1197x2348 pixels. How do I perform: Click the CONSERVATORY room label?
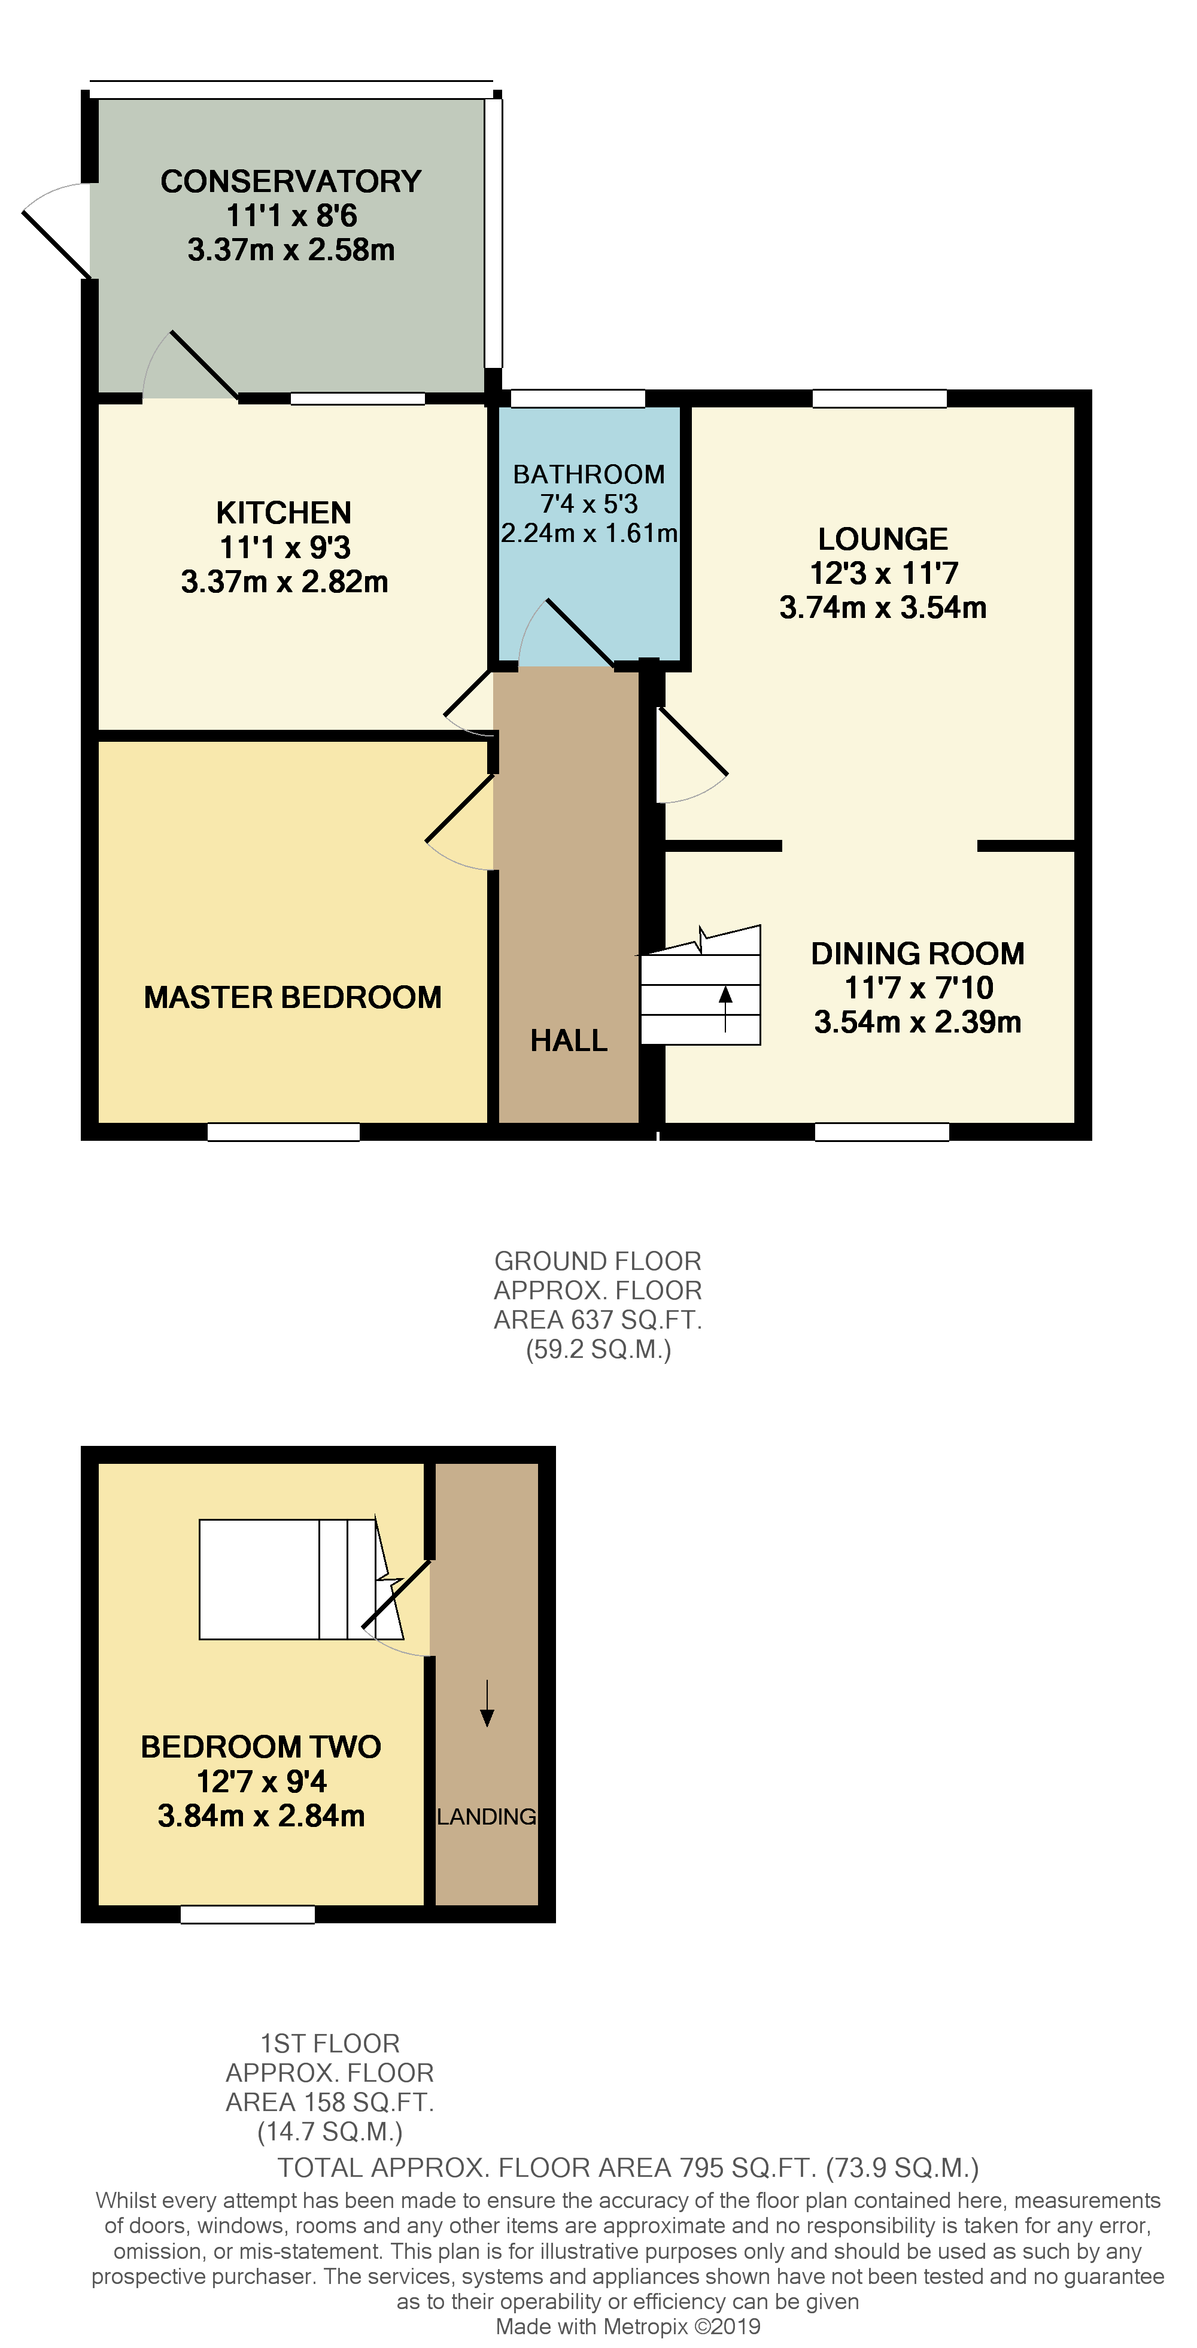(291, 181)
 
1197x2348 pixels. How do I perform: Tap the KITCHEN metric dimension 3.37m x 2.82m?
(284, 581)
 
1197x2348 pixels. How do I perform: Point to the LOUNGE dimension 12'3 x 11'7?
(883, 573)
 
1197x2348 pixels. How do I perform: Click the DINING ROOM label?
(917, 954)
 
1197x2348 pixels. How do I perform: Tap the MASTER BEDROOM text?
(293, 997)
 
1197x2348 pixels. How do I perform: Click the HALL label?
(569, 1040)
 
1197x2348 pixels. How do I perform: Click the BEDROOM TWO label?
(261, 1746)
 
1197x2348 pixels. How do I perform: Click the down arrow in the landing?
(487, 1703)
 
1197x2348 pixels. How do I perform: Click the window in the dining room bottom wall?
(882, 1132)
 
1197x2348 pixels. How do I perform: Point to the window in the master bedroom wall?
(284, 1132)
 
